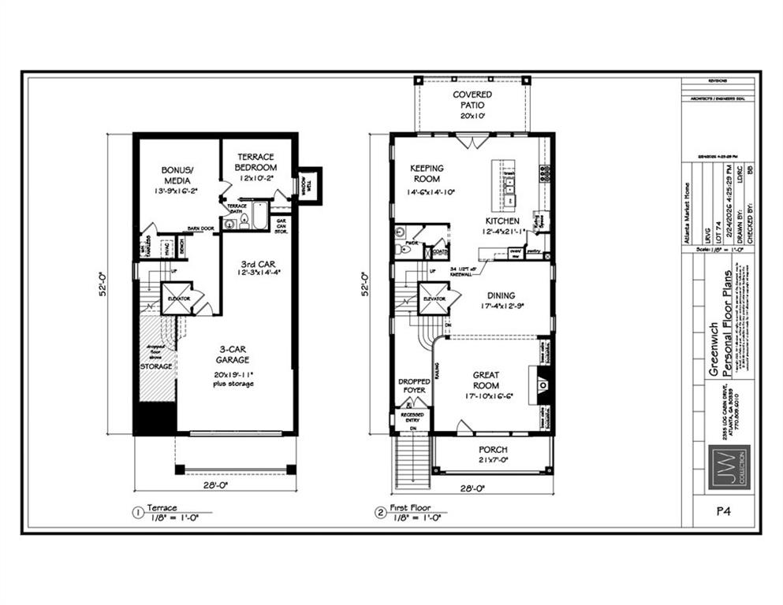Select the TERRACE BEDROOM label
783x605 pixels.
click(x=257, y=161)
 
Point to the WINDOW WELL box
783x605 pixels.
click(x=308, y=186)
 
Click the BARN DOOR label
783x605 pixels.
click(x=201, y=229)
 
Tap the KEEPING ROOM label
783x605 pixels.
click(x=427, y=173)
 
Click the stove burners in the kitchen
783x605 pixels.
click(x=544, y=173)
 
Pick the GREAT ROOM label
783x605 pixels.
click(x=486, y=380)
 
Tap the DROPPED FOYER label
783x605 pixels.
click(x=412, y=385)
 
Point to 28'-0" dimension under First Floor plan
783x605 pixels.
click(x=471, y=487)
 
